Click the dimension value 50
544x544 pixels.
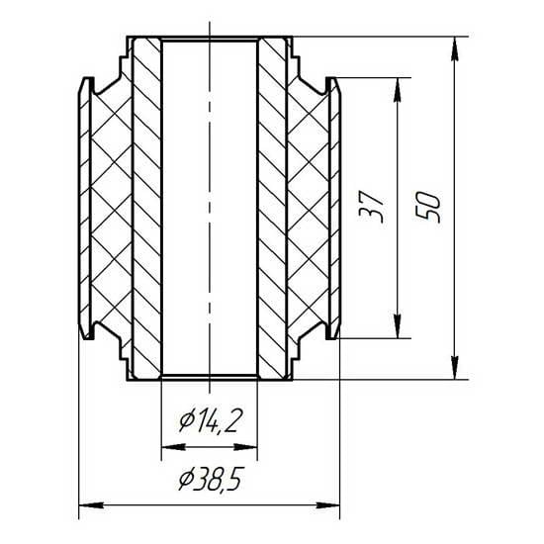[x=428, y=207]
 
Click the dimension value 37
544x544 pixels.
[x=372, y=207]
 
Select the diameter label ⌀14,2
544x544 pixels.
[x=210, y=420]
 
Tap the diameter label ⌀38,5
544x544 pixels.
[x=210, y=479]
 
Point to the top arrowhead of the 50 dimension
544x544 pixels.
[x=455, y=48]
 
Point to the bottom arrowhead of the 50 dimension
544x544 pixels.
[x=455, y=367]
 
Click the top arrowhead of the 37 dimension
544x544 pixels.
[x=398, y=90]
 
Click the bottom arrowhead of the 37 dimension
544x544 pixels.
[x=398, y=325]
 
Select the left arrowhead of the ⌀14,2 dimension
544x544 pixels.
[x=174, y=447]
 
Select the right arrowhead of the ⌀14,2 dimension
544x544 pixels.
[x=245, y=447]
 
